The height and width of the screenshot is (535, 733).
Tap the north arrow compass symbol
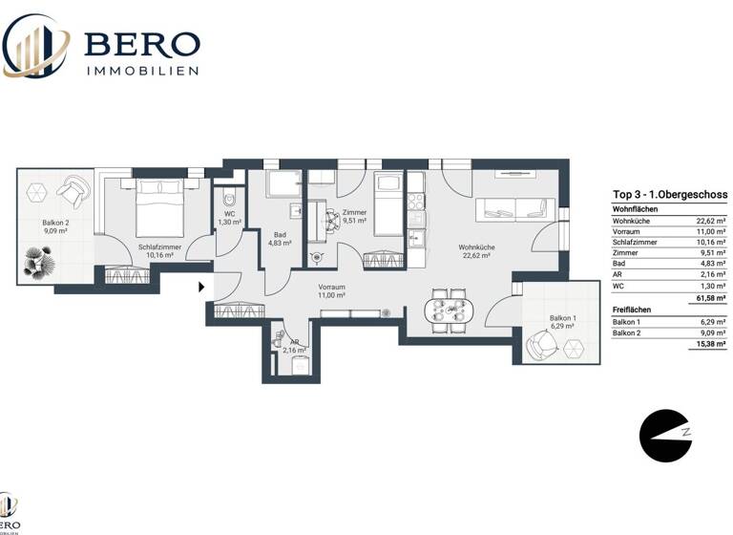pos(665,436)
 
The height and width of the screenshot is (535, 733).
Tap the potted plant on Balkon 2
pos(41,260)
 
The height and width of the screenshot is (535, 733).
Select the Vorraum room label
pos(332,291)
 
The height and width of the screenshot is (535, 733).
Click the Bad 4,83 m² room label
pos(280,239)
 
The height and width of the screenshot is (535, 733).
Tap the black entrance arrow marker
pos(201,285)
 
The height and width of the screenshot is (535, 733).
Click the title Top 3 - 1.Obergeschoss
pos(669,195)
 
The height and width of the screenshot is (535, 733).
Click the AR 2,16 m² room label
pos(288,345)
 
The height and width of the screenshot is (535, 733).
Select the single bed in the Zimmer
pos(388,203)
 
